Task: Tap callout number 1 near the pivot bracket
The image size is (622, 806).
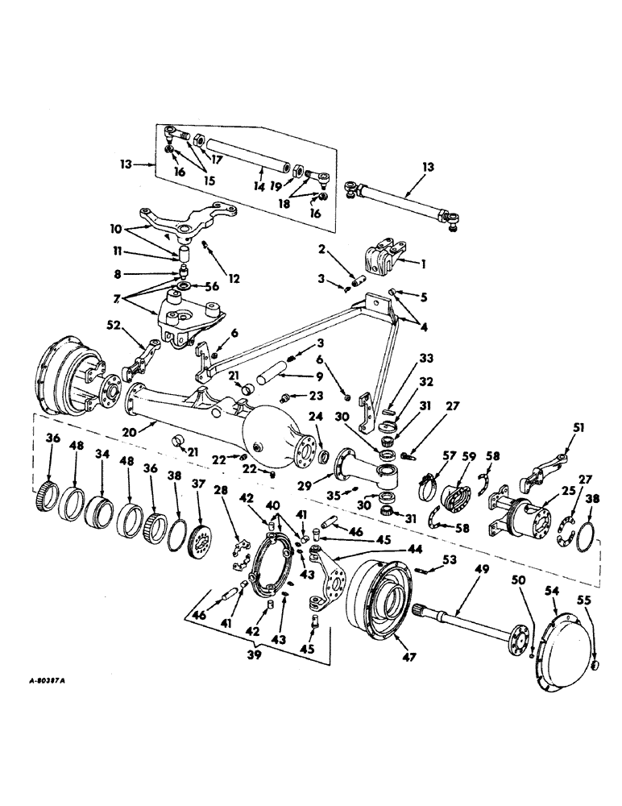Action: (424, 262)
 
